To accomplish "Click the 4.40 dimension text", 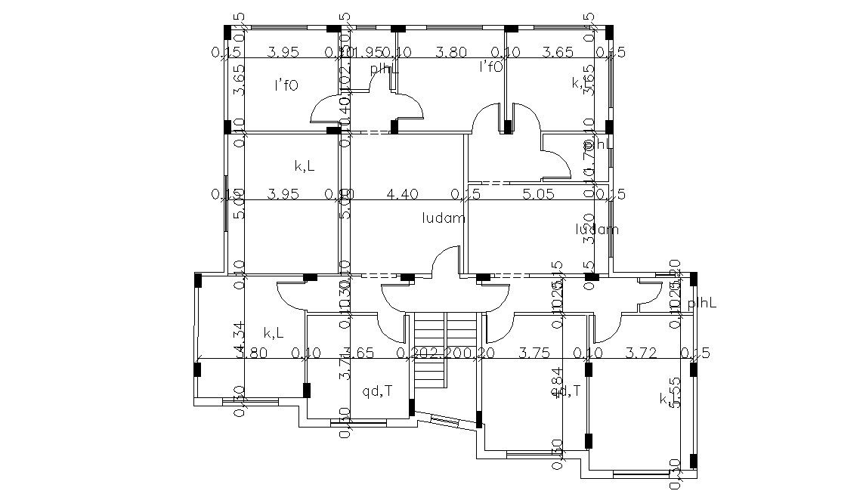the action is (x=402, y=194).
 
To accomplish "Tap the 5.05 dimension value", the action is (x=539, y=194).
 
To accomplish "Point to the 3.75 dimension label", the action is (x=535, y=352).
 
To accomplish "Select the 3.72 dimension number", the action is (x=642, y=352).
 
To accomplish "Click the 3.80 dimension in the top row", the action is (x=451, y=52).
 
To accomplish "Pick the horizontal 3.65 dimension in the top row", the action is (x=558, y=52).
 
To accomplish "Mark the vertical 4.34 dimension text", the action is (x=240, y=338).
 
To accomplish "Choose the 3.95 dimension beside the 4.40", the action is (x=284, y=194).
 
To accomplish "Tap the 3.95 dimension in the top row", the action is (x=284, y=52).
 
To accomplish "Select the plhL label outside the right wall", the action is (x=701, y=303).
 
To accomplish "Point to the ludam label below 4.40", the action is (x=444, y=218).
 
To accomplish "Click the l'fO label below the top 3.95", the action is (x=286, y=85).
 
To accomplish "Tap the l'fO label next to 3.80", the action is (x=491, y=66).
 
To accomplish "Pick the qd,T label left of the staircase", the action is (x=377, y=391).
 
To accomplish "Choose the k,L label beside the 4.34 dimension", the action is (x=274, y=332).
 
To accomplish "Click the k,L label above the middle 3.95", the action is (x=305, y=164).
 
